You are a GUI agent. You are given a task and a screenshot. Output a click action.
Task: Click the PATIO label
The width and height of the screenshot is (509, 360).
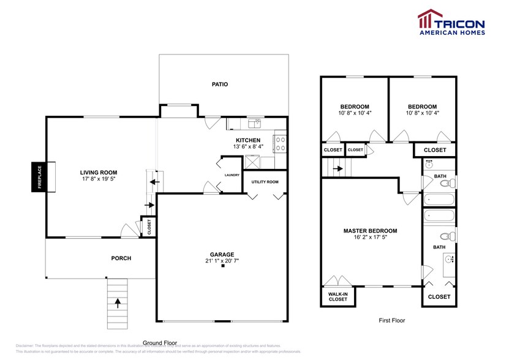point(220,84)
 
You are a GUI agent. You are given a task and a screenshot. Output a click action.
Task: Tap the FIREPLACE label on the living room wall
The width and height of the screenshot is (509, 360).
point(39,178)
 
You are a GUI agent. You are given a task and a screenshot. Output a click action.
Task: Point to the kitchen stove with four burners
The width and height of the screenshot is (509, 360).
point(281,143)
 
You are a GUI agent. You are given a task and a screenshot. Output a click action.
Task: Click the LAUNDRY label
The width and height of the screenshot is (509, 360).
point(232,175)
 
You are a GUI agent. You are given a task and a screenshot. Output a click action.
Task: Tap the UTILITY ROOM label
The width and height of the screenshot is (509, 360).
point(265,182)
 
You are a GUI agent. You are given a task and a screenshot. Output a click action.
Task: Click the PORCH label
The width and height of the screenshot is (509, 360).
point(121,258)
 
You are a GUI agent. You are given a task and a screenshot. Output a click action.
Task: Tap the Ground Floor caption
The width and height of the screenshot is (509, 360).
point(160,342)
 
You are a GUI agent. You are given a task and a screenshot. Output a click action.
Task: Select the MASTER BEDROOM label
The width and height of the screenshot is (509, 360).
point(370,231)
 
